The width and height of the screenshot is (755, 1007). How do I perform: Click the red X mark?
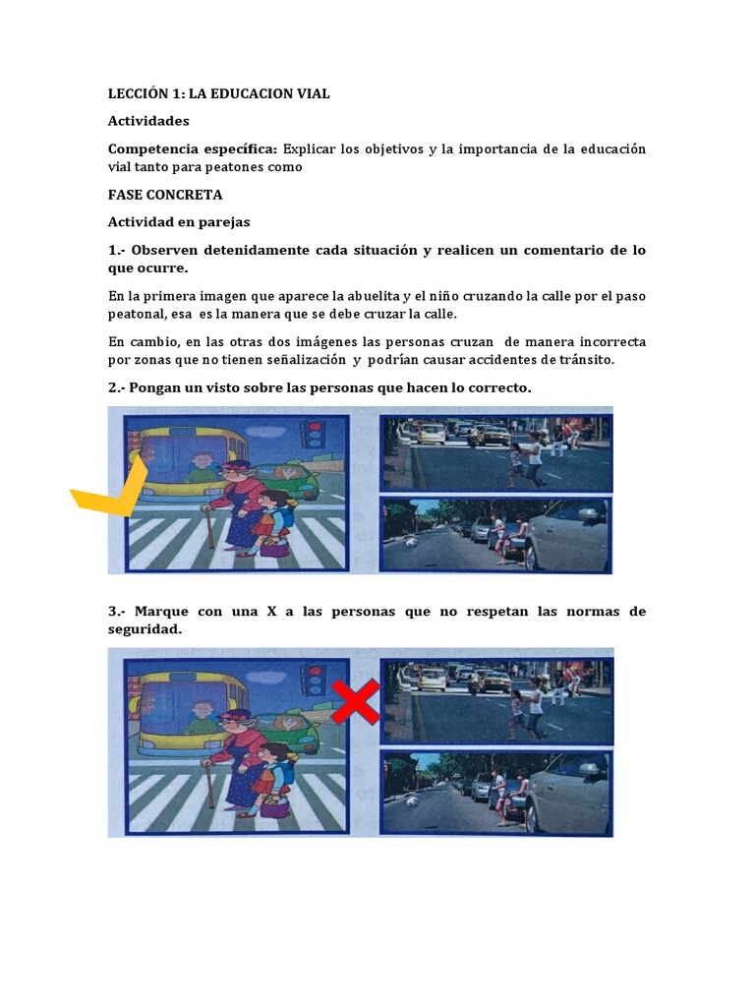pyautogui.click(x=356, y=700)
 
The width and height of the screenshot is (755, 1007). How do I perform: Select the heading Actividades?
pyautogui.click(x=148, y=121)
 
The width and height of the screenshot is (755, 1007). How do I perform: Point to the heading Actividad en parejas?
pyautogui.click(x=179, y=222)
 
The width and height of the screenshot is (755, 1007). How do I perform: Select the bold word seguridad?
pyautogui.click(x=145, y=629)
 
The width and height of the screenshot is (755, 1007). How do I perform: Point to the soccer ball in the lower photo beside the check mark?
pyautogui.click(x=411, y=542)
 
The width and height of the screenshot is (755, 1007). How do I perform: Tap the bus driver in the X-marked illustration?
pyautogui.click(x=203, y=469)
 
